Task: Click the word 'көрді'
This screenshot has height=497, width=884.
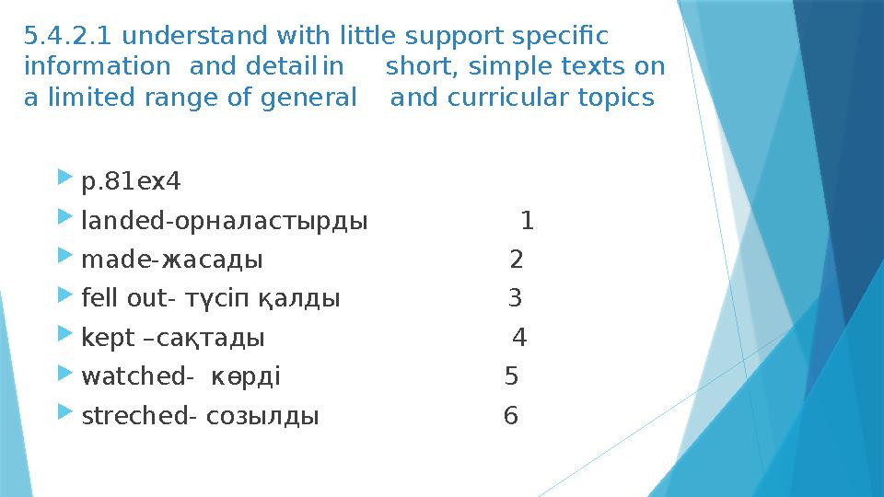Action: (246, 376)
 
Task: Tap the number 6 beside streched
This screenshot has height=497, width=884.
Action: (510, 416)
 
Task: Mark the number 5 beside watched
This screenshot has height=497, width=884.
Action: (512, 376)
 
